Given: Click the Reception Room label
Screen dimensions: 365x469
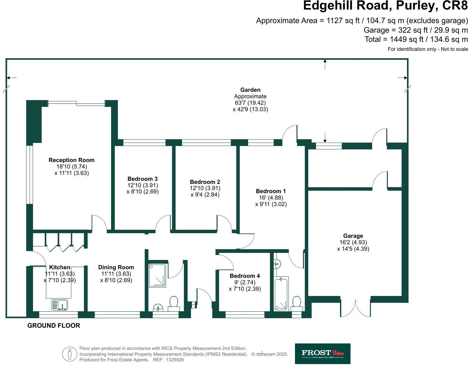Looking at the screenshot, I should (71, 160).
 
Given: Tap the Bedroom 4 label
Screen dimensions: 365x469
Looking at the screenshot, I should (245, 276).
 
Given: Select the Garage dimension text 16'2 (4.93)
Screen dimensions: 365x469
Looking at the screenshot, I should (353, 242).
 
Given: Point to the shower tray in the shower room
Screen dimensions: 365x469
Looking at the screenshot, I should (157, 275).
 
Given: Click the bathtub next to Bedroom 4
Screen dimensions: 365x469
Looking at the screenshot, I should (281, 293).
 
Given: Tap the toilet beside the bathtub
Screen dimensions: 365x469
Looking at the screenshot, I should (297, 302).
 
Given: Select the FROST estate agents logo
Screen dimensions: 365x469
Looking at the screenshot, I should (322, 353).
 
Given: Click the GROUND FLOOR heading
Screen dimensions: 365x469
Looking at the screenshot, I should (54, 326).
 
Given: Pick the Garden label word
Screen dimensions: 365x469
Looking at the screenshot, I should (250, 90).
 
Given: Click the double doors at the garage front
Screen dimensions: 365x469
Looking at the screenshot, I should (355, 308).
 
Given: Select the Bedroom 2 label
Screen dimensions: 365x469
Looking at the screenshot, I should (205, 182).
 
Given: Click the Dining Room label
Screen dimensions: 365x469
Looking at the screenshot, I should (116, 267).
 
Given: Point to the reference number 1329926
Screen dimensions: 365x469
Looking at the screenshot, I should (175, 360).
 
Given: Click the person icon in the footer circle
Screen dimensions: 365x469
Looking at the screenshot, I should (70, 354).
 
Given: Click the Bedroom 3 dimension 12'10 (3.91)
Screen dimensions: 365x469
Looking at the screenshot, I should (143, 185).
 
